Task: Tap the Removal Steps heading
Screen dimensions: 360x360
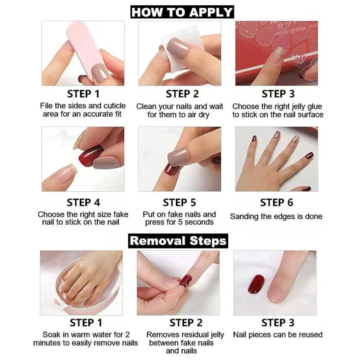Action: tap(178, 240)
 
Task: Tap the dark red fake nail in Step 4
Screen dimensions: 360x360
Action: tap(91, 156)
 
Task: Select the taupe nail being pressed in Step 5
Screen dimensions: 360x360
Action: tap(178, 156)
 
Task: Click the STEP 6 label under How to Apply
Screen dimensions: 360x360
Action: tap(276, 202)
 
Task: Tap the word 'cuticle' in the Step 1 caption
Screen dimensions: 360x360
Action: tap(116, 106)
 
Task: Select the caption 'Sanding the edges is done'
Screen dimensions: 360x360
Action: tap(276, 216)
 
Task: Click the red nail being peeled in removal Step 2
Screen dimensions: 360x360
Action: tap(185, 281)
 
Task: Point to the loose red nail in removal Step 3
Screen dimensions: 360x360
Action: tap(256, 283)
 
